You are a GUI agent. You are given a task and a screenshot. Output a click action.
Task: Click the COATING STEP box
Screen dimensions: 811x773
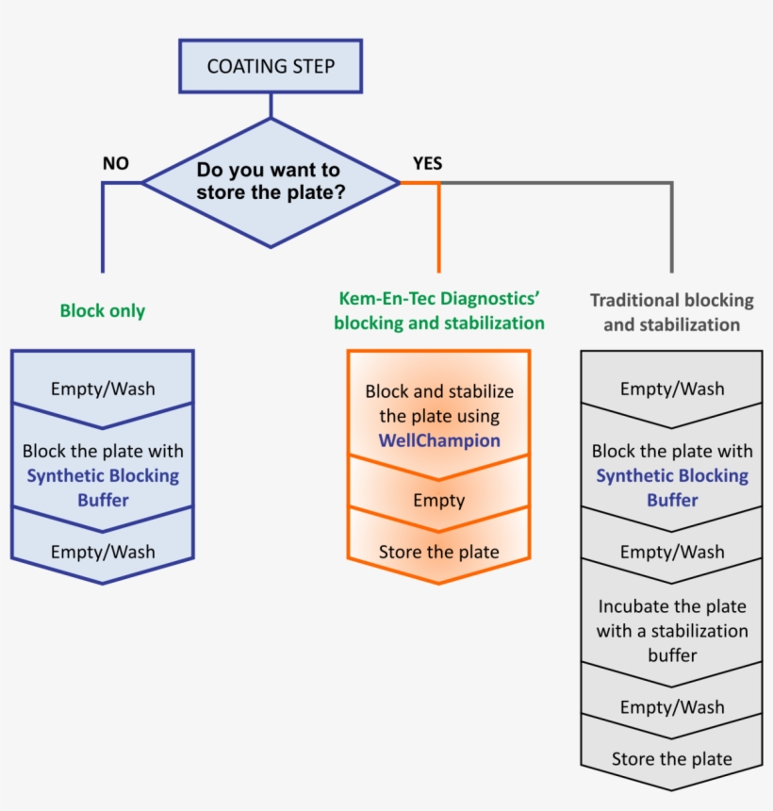point(271,66)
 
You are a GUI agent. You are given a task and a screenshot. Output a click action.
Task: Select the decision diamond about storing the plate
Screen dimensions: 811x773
point(271,182)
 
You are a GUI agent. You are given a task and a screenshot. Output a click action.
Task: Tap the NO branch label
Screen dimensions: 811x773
point(116,163)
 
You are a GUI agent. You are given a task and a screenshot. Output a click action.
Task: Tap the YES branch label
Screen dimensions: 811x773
point(427,163)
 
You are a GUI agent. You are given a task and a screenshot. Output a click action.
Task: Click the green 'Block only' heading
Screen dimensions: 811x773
point(103,310)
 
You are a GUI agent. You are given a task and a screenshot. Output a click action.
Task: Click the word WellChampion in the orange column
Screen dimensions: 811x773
point(439,439)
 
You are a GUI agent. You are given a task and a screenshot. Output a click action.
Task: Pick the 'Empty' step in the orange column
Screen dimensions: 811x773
point(439,500)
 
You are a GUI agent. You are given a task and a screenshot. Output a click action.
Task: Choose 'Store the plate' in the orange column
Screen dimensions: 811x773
point(439,552)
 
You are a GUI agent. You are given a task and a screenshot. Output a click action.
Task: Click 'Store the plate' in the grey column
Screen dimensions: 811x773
point(672,758)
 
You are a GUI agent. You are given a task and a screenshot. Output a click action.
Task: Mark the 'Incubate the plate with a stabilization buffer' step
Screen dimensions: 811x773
point(672,630)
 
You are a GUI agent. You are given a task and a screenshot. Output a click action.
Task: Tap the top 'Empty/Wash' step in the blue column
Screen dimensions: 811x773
point(103,388)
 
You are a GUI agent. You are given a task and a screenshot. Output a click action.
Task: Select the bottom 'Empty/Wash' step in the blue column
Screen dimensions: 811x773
point(103,552)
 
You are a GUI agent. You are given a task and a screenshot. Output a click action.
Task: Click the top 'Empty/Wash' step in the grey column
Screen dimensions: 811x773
point(672,388)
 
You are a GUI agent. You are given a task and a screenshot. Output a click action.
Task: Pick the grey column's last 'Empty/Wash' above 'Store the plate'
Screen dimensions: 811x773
point(672,706)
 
